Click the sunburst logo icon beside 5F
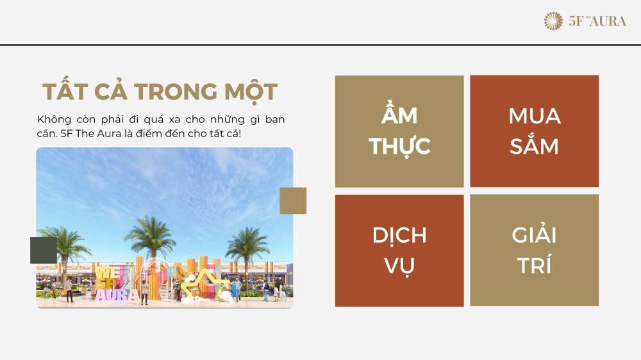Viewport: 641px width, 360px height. pyautogui.click(x=553, y=21)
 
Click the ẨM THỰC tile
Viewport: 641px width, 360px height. pyautogui.click(x=399, y=131)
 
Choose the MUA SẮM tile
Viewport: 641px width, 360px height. pyautogui.click(x=535, y=131)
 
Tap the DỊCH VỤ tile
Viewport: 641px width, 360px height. pyautogui.click(x=399, y=250)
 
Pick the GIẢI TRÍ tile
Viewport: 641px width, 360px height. pyautogui.click(x=535, y=250)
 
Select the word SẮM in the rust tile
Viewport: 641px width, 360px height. pyautogui.click(x=534, y=144)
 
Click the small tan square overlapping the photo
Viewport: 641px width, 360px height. pyautogui.click(x=293, y=200)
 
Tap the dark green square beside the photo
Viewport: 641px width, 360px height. pyautogui.click(x=44, y=250)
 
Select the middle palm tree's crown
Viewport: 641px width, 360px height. pyautogui.click(x=151, y=234)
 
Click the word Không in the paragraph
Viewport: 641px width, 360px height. pyautogui.click(x=54, y=120)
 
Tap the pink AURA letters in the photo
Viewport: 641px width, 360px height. pyautogui.click(x=117, y=295)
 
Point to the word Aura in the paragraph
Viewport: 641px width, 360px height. pyautogui.click(x=109, y=134)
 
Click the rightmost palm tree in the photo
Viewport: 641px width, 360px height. pyautogui.click(x=247, y=254)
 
